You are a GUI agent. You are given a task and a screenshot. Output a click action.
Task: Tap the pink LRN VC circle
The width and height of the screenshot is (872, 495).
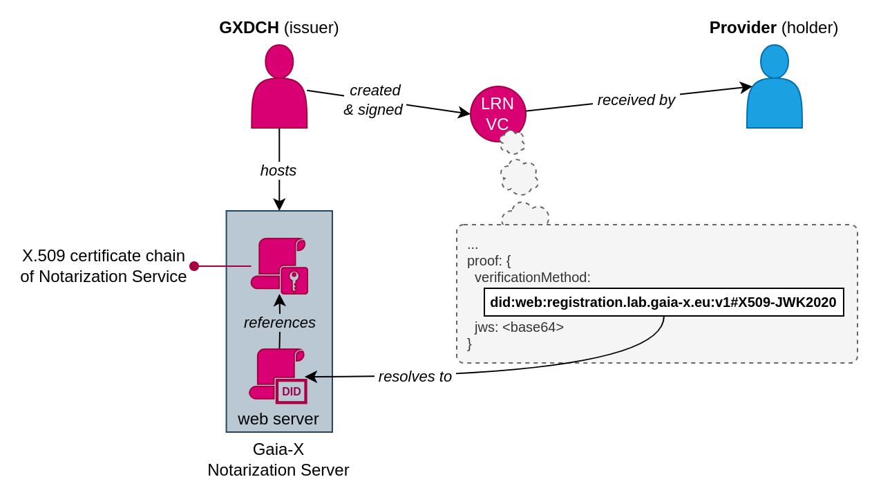click(497, 114)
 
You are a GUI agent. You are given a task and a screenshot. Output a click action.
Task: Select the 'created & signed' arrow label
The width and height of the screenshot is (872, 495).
click(374, 100)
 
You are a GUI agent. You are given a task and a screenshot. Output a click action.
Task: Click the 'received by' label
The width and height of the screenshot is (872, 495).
click(636, 100)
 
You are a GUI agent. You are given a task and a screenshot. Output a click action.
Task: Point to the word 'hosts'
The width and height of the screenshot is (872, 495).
click(278, 171)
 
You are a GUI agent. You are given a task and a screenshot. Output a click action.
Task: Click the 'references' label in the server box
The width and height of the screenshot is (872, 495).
click(279, 323)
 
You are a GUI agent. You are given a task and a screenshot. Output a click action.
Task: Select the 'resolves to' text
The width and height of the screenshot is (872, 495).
click(415, 377)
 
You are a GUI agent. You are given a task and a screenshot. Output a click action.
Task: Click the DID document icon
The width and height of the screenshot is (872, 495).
click(278, 375)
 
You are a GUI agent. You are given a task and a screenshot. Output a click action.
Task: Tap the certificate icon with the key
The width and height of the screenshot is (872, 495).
click(280, 265)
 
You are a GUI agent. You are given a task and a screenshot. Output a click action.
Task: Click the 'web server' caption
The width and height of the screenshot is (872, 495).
click(278, 419)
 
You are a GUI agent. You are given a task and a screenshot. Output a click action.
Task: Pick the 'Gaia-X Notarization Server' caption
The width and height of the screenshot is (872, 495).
click(278, 460)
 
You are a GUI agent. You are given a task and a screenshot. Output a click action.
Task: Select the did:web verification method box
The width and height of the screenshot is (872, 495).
click(663, 302)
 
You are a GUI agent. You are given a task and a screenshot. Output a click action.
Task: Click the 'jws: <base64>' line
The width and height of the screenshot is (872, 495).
click(519, 327)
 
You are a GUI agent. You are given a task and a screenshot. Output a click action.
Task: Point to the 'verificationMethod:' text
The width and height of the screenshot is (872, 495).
click(533, 277)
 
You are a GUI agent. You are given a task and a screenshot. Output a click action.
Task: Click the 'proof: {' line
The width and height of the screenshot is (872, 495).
click(489, 261)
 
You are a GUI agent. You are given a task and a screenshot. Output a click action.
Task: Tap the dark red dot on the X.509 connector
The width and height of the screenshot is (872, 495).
click(194, 266)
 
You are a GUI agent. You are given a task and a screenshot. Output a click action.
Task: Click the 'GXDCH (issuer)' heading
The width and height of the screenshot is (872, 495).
click(279, 28)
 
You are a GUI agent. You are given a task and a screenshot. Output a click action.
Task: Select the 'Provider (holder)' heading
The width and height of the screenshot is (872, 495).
click(773, 28)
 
